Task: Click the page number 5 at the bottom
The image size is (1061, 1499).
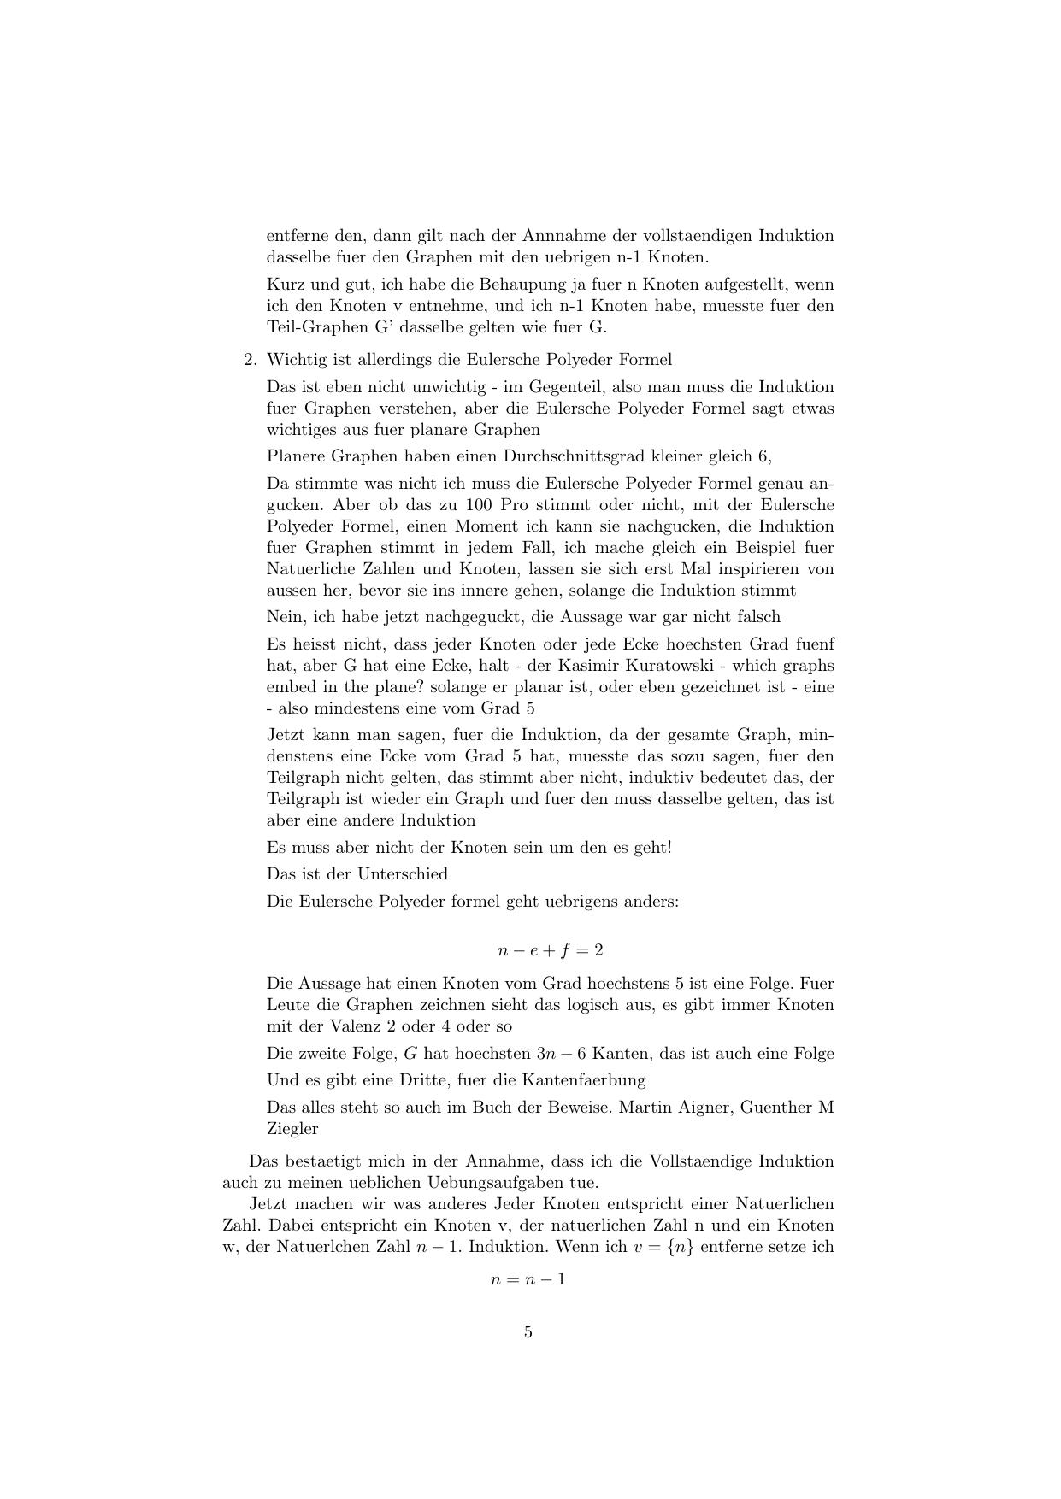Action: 528,1331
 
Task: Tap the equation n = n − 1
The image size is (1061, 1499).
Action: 528,1279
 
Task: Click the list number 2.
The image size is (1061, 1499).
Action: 249,359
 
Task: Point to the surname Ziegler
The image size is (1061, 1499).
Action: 292,1128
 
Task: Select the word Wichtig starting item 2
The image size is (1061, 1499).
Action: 295,359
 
